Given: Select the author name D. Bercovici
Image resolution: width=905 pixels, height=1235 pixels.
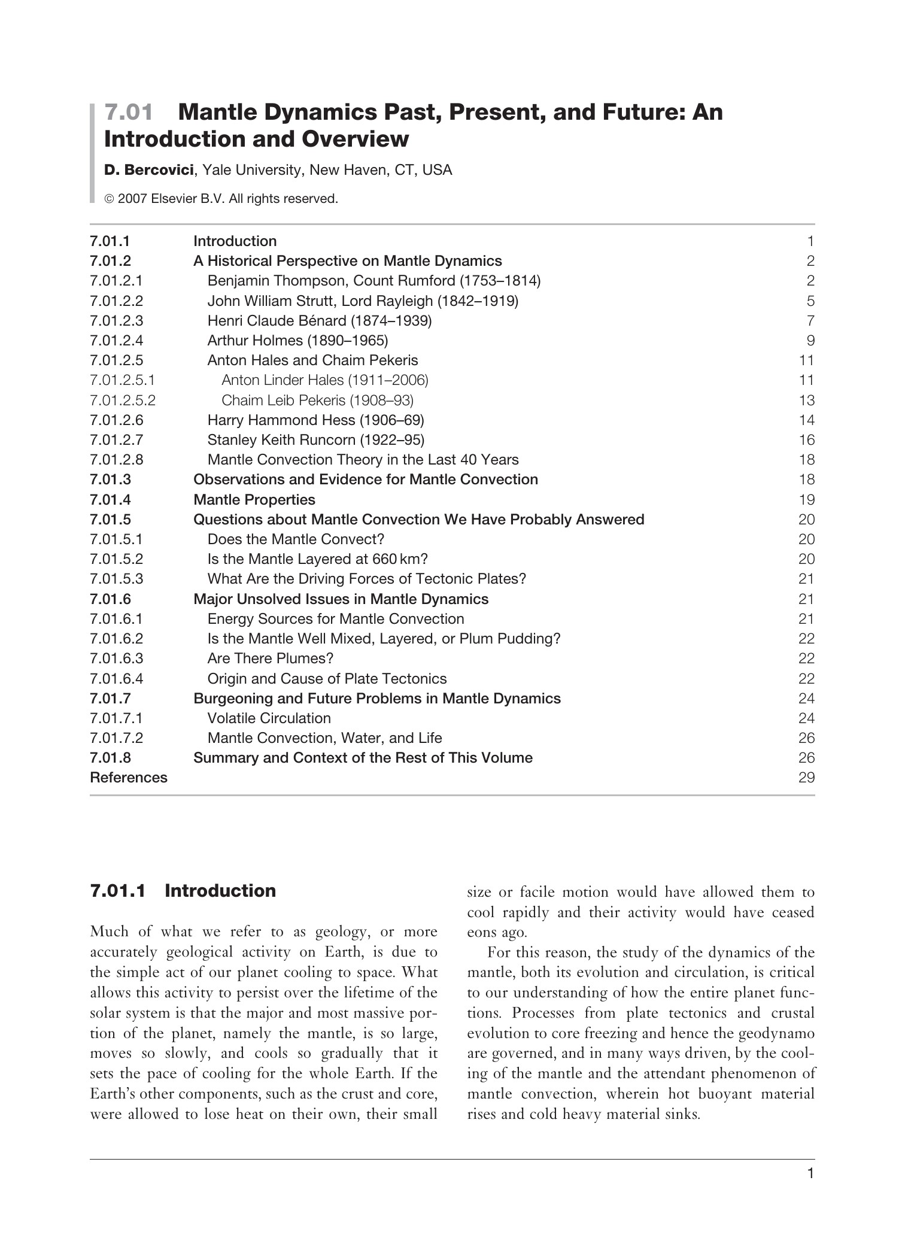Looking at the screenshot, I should click(148, 171).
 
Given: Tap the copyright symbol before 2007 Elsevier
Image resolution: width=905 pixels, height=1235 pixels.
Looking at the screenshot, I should click(109, 199).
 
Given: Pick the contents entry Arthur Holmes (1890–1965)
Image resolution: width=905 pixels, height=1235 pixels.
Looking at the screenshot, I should click(297, 341).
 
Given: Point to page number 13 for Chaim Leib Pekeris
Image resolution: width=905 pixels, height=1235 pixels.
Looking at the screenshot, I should click(806, 400).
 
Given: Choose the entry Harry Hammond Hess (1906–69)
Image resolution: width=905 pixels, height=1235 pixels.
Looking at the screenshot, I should click(315, 420).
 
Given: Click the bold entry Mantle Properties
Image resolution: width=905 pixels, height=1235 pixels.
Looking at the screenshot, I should click(254, 500).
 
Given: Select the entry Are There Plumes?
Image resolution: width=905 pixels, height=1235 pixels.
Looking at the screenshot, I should click(270, 659).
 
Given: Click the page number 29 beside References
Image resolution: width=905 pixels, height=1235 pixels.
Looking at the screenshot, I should click(806, 778).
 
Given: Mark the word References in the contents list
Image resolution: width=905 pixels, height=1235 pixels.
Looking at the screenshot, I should click(129, 778).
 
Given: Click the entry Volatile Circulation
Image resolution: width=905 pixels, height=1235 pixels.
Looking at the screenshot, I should click(269, 718).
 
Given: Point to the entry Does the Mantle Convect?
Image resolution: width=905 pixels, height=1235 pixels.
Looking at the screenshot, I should click(296, 539).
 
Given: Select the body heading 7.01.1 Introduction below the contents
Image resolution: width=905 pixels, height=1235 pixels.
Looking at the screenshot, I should click(183, 891).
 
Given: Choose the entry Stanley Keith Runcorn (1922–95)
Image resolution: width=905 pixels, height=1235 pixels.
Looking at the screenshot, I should click(315, 440).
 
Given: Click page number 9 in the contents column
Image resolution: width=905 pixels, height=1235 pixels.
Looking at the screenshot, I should click(810, 341).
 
